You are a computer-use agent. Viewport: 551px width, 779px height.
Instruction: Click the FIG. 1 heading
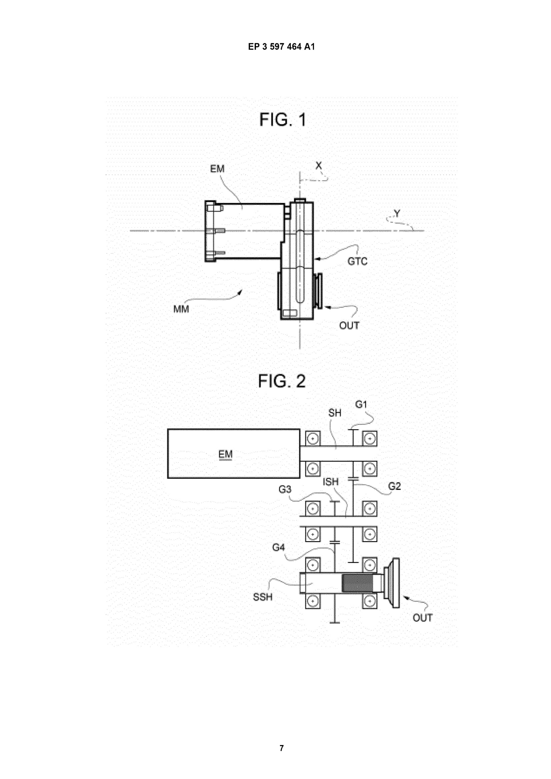[283, 120]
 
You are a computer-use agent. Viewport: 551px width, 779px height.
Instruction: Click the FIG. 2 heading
[282, 381]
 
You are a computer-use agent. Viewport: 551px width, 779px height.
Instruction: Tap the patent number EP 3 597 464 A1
[281, 47]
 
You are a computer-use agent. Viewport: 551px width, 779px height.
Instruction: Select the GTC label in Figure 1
[357, 261]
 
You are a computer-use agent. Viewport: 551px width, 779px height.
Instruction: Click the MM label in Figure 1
[181, 309]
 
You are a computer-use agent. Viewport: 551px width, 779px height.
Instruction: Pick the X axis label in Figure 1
[318, 166]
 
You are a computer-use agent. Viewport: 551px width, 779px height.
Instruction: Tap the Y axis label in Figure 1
[397, 213]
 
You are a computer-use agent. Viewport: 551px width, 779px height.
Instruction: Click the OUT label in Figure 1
[349, 326]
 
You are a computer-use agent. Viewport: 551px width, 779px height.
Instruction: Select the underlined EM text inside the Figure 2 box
[225, 454]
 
